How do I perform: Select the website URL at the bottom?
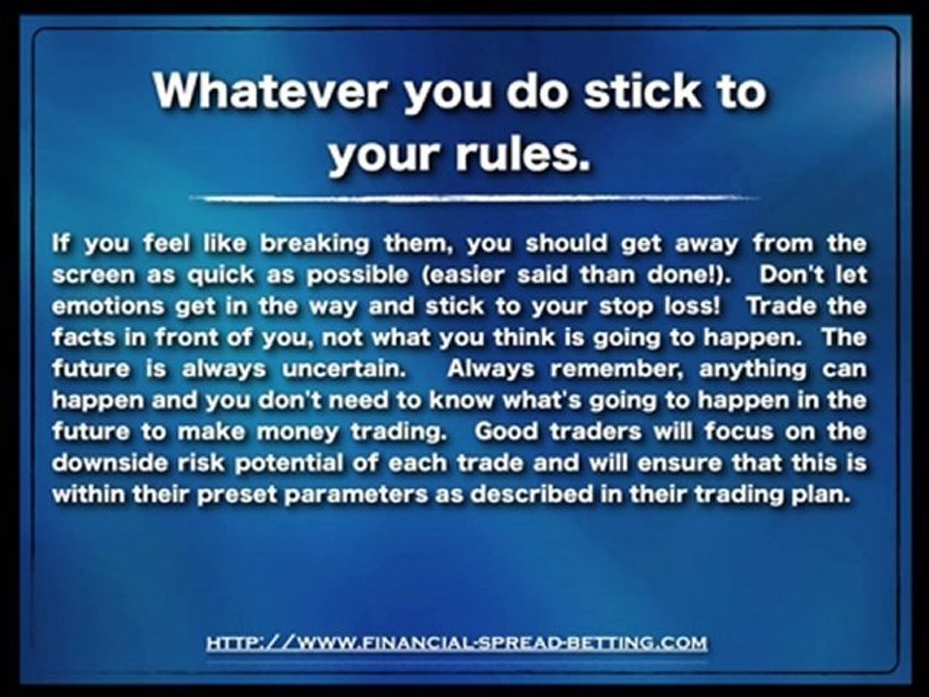[x=457, y=643]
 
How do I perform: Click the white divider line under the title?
[x=474, y=198]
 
